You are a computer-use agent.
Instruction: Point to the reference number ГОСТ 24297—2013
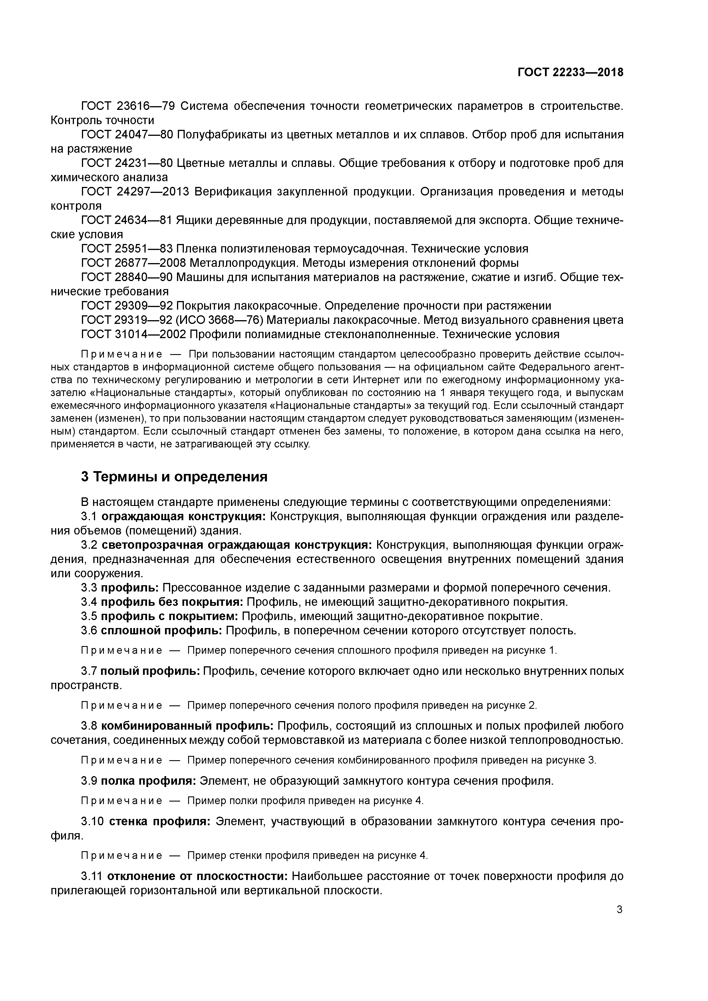coord(135,192)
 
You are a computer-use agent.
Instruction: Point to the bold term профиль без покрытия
coord(172,602)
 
